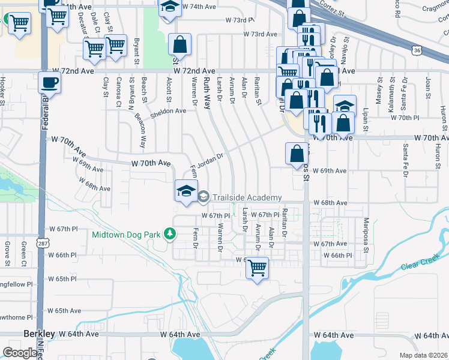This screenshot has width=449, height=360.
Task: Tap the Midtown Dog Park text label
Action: point(125,234)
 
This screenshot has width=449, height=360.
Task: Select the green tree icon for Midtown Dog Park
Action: point(170,233)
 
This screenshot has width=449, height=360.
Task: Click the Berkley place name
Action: point(39,333)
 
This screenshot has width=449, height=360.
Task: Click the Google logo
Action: point(19,352)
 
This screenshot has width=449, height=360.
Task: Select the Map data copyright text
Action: point(424,355)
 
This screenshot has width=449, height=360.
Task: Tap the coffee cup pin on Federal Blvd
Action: point(49,82)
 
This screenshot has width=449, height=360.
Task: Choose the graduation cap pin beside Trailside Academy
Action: point(186,191)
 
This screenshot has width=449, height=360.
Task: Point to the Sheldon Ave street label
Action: point(168,111)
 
